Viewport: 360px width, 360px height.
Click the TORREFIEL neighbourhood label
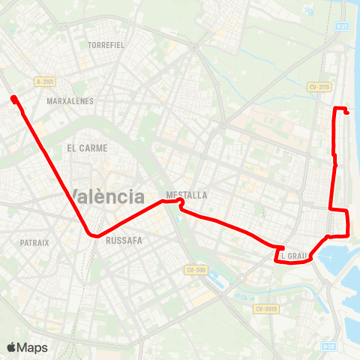(106, 45)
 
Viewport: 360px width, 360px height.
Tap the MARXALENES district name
(70, 100)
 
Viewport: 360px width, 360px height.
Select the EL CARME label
(87, 148)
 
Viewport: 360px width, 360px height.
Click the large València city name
(109, 196)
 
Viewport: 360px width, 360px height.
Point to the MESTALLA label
(187, 194)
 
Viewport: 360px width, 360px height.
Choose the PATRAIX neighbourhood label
(34, 242)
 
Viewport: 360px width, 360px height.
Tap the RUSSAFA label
(124, 241)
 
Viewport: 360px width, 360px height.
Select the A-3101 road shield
(45, 82)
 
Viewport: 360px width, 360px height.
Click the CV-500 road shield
(195, 269)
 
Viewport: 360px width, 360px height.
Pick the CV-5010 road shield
(265, 308)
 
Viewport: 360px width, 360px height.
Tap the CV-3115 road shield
(319, 86)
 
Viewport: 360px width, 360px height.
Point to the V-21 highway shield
(343, 26)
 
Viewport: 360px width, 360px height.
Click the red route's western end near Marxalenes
(13, 97)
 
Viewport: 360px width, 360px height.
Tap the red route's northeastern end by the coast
(347, 112)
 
